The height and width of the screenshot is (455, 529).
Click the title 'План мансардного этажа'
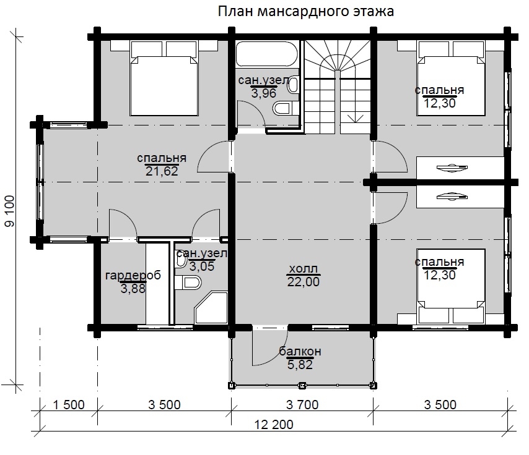[x=305, y=12]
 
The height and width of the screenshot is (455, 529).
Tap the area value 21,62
[x=162, y=171]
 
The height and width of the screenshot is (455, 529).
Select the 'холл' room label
[x=304, y=269]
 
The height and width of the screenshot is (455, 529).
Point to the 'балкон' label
[x=300, y=352]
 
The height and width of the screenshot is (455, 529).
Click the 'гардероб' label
[x=133, y=276]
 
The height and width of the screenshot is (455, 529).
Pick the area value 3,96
[x=264, y=93]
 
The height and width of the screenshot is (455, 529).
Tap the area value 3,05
[x=202, y=266]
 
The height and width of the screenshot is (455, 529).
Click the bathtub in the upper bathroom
[x=267, y=54]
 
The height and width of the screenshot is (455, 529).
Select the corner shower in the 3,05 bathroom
[x=211, y=308]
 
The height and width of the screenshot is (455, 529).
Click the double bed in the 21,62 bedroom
[x=164, y=79]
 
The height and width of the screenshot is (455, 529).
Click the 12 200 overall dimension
[x=273, y=425]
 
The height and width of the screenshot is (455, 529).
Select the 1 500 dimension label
[x=69, y=405]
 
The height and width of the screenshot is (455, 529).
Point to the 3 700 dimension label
[x=302, y=405]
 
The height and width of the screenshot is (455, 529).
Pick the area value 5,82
[x=300, y=364]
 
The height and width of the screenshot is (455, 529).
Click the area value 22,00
[x=304, y=282]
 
